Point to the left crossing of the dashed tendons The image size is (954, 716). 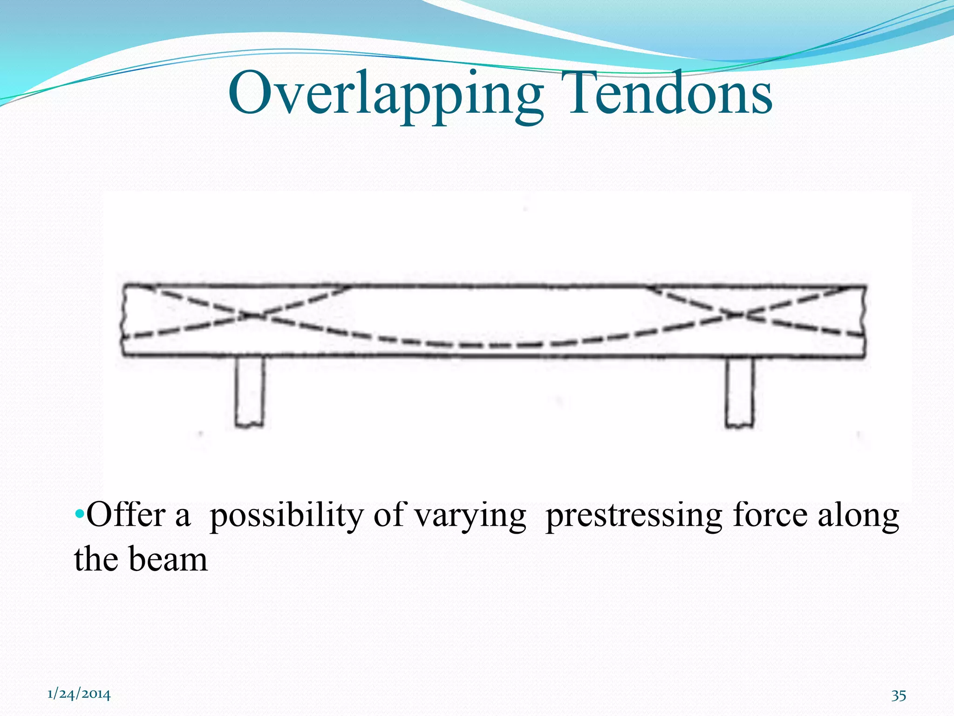pos(252,316)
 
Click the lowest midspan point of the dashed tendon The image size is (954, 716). pos(494,346)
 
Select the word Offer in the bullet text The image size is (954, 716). pos(126,515)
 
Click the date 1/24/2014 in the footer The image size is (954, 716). pos(79,695)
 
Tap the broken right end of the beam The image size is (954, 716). pos(865,322)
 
